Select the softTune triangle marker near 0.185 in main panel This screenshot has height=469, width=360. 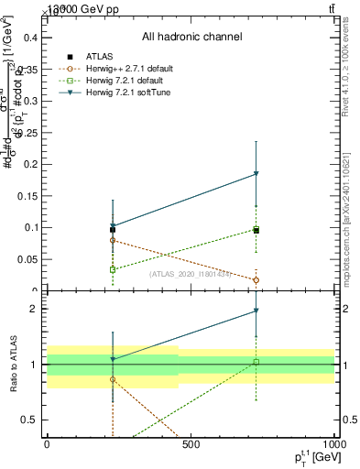pos(256,174)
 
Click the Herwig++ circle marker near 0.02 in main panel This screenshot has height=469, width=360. pos(256,279)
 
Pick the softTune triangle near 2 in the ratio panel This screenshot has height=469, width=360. pos(256,311)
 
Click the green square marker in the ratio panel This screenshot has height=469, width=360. pos(256,362)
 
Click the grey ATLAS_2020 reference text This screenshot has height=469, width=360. pos(190,273)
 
